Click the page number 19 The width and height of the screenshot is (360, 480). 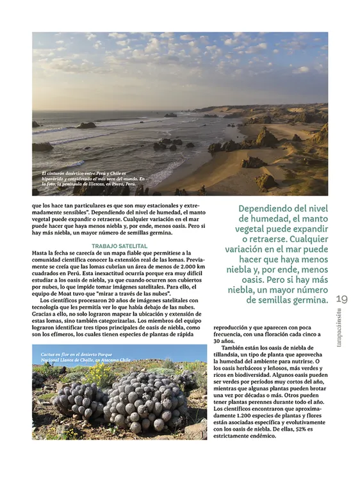pyautogui.click(x=341, y=299)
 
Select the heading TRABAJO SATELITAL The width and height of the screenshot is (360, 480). pyautogui.click(x=120, y=246)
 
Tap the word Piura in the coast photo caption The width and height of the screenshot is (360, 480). pyautogui.click(x=113, y=184)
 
